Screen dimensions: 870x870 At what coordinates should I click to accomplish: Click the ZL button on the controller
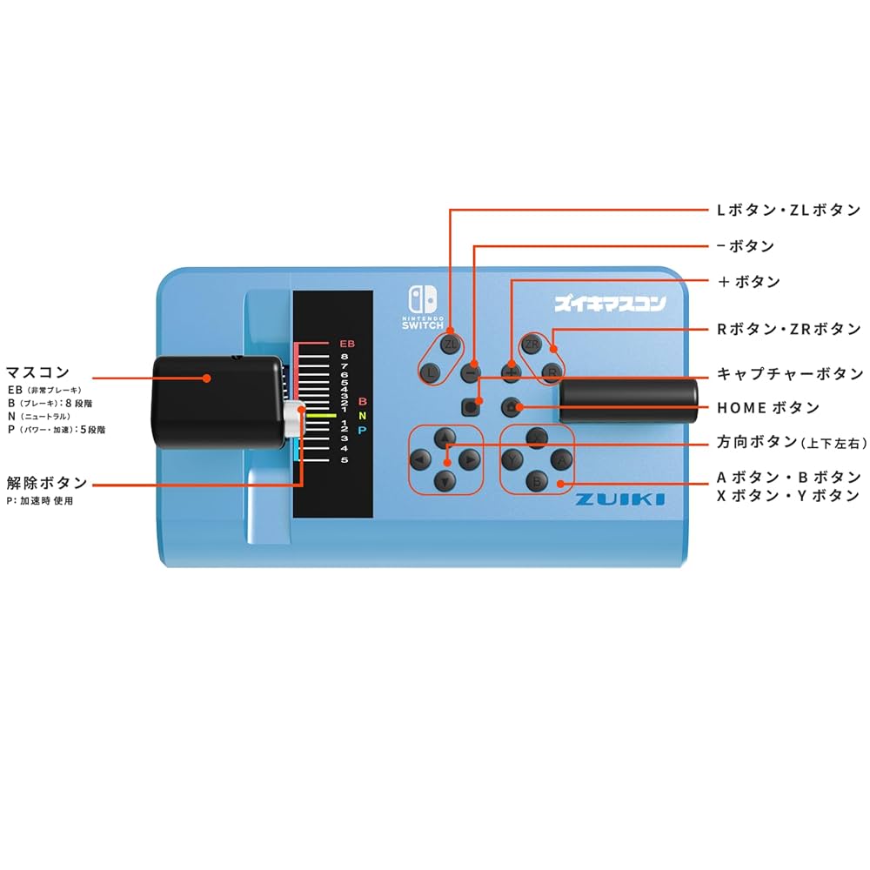[x=450, y=345]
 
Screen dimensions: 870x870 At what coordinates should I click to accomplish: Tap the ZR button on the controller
[x=531, y=345]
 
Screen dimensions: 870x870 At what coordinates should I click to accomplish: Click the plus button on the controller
[x=512, y=372]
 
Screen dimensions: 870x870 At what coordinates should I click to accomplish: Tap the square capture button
[x=472, y=405]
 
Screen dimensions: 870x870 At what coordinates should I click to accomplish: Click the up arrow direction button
[x=445, y=437]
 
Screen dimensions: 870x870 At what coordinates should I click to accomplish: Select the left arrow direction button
[x=421, y=458]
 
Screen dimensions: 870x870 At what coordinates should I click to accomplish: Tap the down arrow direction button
[x=445, y=480]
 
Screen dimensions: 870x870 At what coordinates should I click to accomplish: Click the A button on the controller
[x=562, y=458]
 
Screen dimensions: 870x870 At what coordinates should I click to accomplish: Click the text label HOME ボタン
[x=768, y=408]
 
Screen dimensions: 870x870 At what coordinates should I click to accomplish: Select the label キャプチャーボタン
[x=790, y=374]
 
